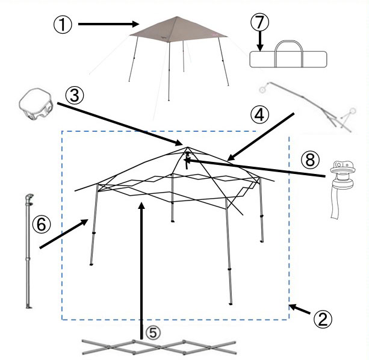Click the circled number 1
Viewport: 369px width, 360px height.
[x=63, y=25]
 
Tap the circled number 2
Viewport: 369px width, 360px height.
[x=323, y=319]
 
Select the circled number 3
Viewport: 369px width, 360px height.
[x=75, y=96]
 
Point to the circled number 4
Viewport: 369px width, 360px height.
[x=259, y=115]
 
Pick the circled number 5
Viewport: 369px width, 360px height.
[x=153, y=333]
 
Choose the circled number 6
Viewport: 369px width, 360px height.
[x=42, y=224]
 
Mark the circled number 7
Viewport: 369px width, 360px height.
[x=260, y=22]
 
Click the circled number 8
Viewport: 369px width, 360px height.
[x=310, y=160]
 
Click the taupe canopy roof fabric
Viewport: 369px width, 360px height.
[x=178, y=30]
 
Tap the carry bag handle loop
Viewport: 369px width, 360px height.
[x=288, y=54]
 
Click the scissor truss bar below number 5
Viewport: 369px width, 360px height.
[x=159, y=347]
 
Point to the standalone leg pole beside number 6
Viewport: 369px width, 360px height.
[x=29, y=251]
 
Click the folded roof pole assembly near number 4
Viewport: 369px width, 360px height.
[x=308, y=107]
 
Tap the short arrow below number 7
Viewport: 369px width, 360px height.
[x=260, y=41]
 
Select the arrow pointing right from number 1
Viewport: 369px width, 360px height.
[x=109, y=24]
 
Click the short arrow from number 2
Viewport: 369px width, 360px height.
[x=300, y=309]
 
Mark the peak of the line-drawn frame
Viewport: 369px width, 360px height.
[x=188, y=147]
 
